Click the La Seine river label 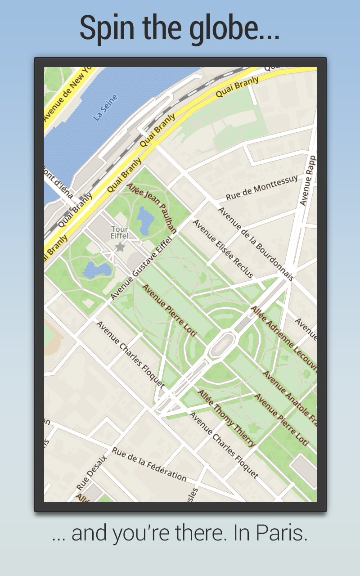point(105,108)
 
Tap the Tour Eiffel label point(120,233)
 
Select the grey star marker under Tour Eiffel point(120,247)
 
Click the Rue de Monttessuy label point(261,188)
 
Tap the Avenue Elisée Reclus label point(223,248)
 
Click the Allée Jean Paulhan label point(151,207)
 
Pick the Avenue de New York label point(67,95)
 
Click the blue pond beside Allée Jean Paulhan point(145,220)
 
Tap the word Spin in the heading point(108,28)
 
